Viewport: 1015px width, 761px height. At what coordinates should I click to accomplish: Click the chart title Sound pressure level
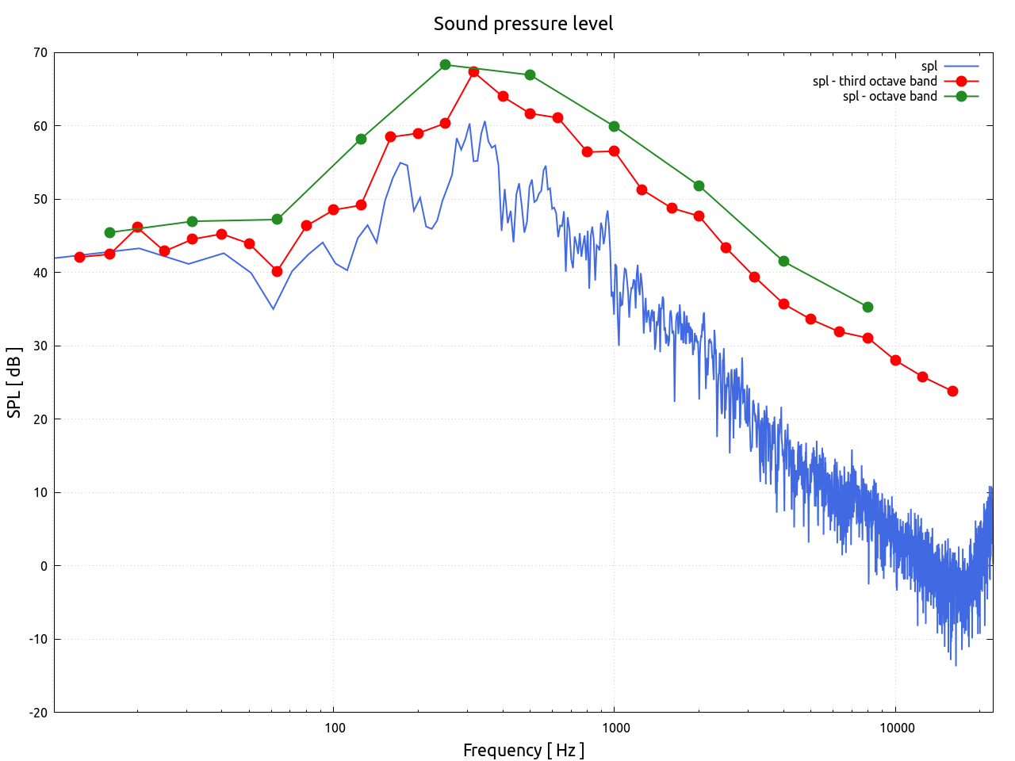coord(523,24)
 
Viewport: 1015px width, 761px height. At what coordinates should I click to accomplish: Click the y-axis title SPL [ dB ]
coord(14,382)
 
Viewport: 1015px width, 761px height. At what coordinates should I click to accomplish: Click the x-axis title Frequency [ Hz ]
coord(523,750)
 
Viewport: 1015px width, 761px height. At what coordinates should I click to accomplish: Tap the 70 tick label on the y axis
coord(40,53)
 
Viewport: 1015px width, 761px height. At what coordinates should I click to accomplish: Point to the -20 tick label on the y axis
coord(38,713)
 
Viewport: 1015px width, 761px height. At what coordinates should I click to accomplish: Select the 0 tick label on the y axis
coord(44,566)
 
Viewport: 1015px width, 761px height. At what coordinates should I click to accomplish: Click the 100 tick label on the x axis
coord(334,728)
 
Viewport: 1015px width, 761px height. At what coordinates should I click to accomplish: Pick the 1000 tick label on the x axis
coord(615,728)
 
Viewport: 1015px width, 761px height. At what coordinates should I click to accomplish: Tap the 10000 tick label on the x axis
coord(895,728)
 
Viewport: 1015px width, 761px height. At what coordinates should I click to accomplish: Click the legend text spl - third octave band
coord(875,81)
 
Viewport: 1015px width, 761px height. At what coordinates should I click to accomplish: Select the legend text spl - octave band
coord(890,96)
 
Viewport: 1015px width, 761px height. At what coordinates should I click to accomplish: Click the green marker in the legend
coord(961,96)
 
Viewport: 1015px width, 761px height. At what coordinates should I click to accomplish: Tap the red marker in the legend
coord(961,81)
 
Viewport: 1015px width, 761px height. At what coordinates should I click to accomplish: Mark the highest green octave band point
coord(445,65)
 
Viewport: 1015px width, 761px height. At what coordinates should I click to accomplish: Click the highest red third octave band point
coord(473,71)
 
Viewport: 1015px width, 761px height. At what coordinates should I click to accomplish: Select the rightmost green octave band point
coord(868,307)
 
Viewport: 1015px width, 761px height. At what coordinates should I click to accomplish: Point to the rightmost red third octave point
coord(952,391)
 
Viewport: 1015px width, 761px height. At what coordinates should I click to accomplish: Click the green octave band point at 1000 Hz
coord(614,126)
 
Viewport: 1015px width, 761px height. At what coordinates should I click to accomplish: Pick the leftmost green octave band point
coord(109,232)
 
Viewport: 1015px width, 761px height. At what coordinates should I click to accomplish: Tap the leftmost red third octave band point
coord(79,257)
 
